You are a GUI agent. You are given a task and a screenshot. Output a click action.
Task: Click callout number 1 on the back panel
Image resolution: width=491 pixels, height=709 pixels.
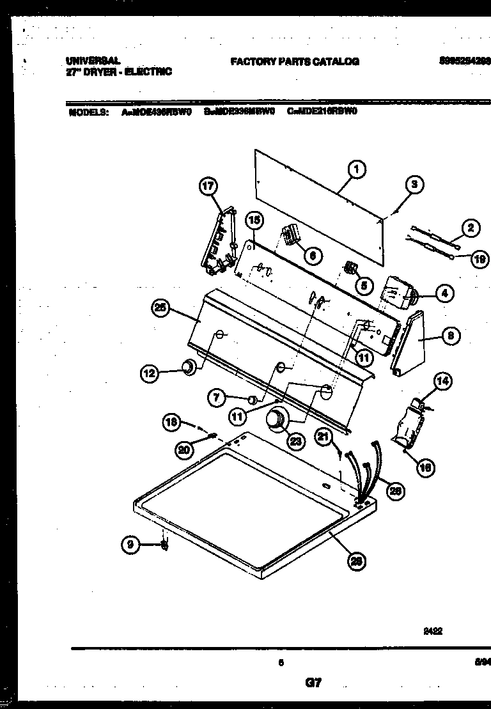pyautogui.click(x=357, y=169)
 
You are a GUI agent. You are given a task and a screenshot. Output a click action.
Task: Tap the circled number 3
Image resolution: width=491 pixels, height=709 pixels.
pyautogui.click(x=414, y=185)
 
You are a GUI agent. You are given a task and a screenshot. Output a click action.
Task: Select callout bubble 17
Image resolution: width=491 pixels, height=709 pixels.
pyautogui.click(x=208, y=187)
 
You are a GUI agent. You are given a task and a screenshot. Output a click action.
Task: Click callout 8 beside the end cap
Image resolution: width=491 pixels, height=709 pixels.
pyautogui.click(x=451, y=335)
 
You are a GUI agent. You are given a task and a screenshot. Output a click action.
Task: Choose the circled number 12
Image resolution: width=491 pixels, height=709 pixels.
pyautogui.click(x=150, y=373)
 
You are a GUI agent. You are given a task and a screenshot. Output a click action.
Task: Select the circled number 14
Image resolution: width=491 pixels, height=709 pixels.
pyautogui.click(x=442, y=382)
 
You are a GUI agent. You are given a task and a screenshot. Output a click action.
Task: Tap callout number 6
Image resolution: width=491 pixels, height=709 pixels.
pyautogui.click(x=311, y=256)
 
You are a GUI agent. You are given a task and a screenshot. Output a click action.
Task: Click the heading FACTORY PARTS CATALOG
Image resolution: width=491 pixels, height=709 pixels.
pyautogui.click(x=294, y=61)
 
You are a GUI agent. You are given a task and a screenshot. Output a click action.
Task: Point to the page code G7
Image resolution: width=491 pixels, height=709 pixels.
pyautogui.click(x=313, y=682)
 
